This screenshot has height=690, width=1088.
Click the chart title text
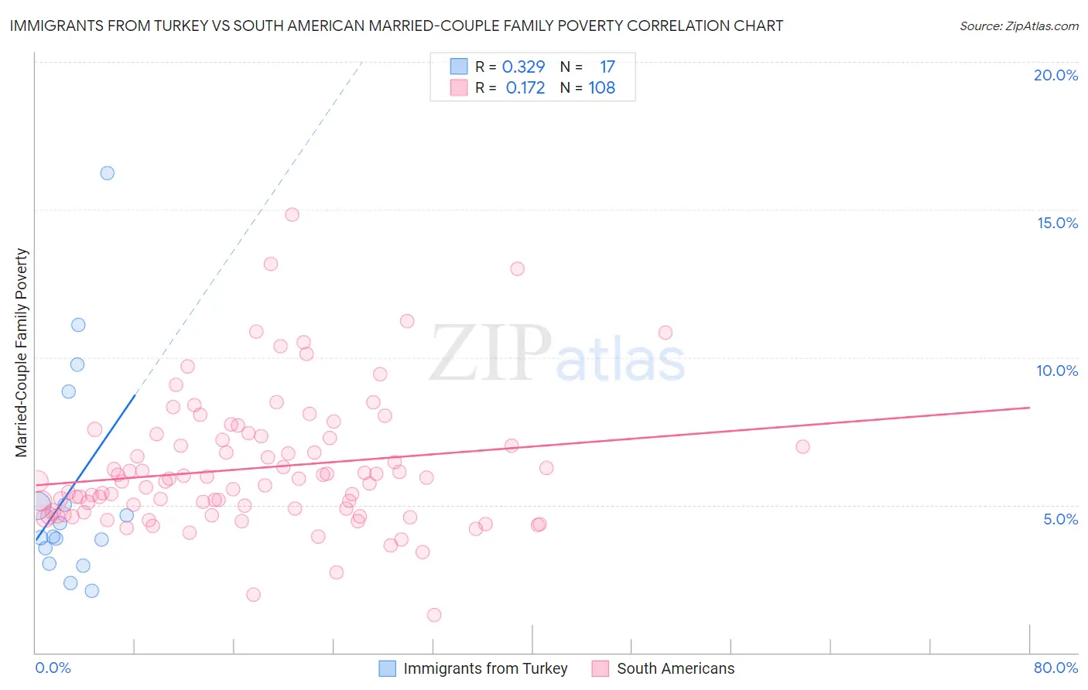tap(396, 26)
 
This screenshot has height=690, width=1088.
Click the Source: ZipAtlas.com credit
tap(1018, 26)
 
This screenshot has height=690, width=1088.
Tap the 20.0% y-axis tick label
tap(1055, 75)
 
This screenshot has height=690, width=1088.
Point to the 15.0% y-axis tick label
tap(1057, 223)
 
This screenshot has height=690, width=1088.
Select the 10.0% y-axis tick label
tap(1057, 371)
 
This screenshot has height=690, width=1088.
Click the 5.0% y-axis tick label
tap(1060, 519)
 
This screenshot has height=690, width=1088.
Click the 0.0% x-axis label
tap(53, 668)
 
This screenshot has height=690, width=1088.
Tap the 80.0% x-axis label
tap(1055, 668)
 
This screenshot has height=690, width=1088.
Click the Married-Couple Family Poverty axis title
tap(22, 353)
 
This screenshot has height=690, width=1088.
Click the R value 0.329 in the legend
tap(524, 67)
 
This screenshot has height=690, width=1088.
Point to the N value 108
tap(601, 88)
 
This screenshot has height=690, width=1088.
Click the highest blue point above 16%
tap(108, 173)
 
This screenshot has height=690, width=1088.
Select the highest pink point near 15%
tap(292, 215)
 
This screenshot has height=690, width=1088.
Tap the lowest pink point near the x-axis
tap(434, 615)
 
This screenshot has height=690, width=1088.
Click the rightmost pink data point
tap(802, 447)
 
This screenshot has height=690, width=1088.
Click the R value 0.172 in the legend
tap(525, 88)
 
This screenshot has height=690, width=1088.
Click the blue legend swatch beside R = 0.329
tap(459, 67)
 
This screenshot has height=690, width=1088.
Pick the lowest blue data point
tap(91, 591)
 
